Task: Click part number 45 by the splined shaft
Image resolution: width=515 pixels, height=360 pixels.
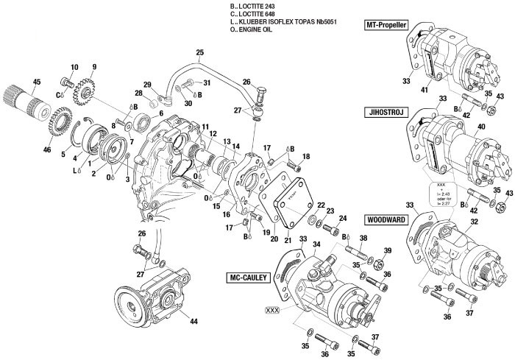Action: pyautogui.click(x=37, y=81)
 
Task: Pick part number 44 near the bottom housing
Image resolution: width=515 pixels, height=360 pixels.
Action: pyautogui.click(x=194, y=322)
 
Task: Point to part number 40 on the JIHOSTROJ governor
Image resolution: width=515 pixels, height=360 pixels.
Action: pyautogui.click(x=482, y=126)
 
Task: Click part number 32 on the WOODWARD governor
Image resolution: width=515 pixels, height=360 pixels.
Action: pyautogui.click(x=474, y=222)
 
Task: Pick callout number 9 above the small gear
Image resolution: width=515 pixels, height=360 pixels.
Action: pyautogui.click(x=93, y=68)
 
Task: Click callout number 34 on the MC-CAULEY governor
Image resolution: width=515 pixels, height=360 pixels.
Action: pyautogui.click(x=317, y=244)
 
